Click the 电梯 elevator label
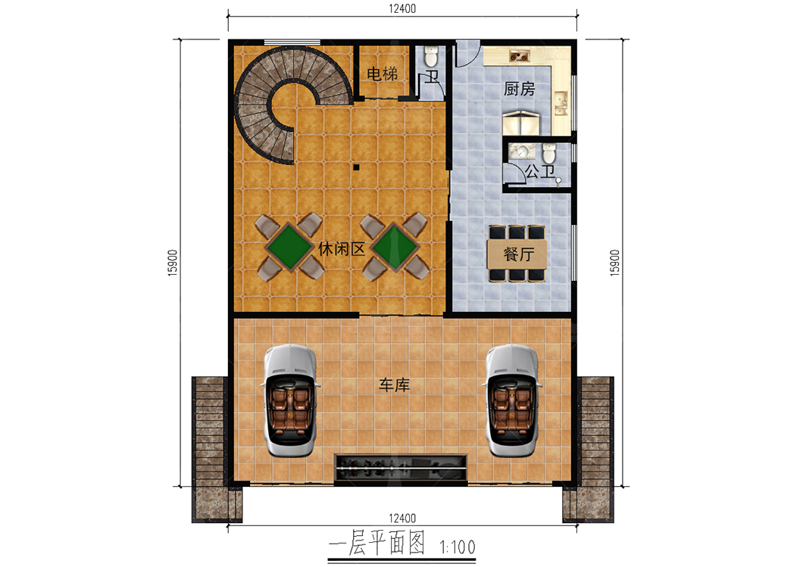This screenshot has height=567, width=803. coord(382,74)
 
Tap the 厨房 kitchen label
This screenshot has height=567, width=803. coord(519,89)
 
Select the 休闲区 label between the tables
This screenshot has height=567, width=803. coord(342,249)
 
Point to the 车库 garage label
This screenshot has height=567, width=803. coord(395,385)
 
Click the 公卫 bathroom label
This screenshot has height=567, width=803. coord(540,171)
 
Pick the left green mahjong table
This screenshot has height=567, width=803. coord(289,248)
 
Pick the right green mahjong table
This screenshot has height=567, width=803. coord(395,248)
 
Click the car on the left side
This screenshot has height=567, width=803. coord(290,400)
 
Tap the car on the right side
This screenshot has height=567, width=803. coord(512,400)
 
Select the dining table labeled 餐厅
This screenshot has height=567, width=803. coord(517,254)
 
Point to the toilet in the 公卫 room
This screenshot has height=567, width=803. coord(549,152)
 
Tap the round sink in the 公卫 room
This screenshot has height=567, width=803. coord(522,151)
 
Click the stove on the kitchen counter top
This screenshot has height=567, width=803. coord(519,56)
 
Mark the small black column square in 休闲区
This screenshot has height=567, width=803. coord(356,167)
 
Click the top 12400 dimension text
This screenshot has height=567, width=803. coord(402,8)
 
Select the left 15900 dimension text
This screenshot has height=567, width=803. coord(173,263)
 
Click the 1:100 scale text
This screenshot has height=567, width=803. coord(458,547)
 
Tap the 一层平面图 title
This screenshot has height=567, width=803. coord(377,543)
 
